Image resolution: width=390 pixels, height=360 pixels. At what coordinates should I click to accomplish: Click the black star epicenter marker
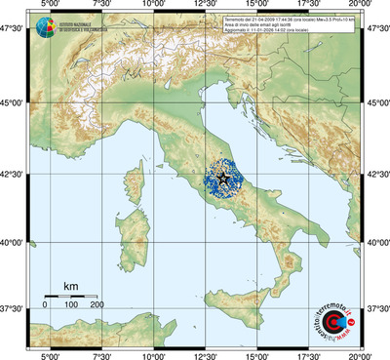pyautogui.click(x=222, y=179)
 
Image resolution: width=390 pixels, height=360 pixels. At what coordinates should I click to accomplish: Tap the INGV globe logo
pyautogui.click(x=47, y=28)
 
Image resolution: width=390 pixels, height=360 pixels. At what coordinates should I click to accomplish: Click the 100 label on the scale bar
pyautogui.click(x=71, y=305)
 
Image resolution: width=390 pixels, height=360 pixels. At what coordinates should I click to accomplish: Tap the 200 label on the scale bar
pyautogui.click(x=97, y=305)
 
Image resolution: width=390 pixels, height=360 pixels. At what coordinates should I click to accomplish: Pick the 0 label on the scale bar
pyautogui.click(x=45, y=305)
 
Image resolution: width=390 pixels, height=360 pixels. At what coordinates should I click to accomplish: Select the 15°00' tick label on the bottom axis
pyautogui.click(x=256, y=354)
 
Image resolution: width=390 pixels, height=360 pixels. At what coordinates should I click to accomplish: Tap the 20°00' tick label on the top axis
pyautogui.click(x=360, y=6)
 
